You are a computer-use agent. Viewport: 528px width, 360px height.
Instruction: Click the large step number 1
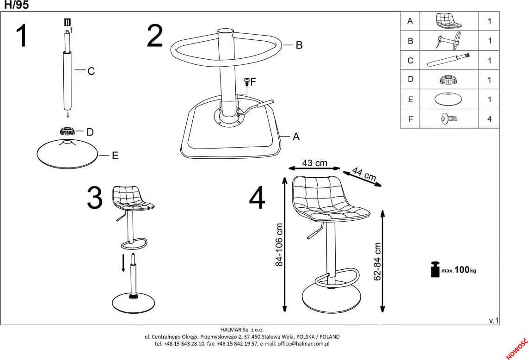[22, 36]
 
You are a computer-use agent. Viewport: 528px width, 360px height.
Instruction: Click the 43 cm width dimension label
[314, 163]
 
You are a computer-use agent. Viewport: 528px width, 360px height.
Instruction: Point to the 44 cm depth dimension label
[364, 174]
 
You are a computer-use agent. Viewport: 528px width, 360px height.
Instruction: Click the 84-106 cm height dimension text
[279, 245]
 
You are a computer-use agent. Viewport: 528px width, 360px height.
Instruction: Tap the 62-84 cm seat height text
[377, 261]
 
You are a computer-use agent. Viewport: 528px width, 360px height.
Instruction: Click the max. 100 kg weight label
[459, 270]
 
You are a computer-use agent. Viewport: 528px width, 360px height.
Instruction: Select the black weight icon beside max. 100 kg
[435, 269]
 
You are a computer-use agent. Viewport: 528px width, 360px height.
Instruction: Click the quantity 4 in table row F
[489, 119]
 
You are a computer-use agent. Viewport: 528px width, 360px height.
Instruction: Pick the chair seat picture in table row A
[448, 21]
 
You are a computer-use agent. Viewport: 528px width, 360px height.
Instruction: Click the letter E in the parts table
[410, 99]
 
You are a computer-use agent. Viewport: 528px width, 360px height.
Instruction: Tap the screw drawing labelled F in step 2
[247, 82]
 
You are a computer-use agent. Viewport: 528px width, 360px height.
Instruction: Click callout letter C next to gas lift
[91, 71]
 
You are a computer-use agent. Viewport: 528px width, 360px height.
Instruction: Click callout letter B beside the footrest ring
[299, 45]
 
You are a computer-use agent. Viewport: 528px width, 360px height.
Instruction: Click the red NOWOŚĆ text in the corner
[517, 348]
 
